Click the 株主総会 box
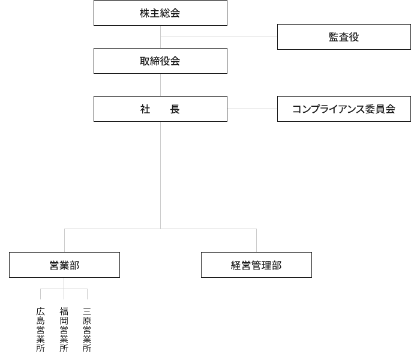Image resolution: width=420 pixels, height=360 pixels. tap(160, 13)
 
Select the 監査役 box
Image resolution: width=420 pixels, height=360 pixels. tap(344, 37)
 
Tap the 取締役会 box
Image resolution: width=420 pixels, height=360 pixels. tap(160, 61)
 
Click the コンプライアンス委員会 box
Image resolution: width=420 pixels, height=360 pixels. tap(344, 109)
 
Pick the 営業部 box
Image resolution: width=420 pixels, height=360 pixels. tap(64, 265)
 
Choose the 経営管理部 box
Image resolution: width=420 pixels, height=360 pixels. tap(256, 265)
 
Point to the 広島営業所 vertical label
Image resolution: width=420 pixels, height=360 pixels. tap(41, 329)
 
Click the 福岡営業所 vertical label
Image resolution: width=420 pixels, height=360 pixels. tap(64, 329)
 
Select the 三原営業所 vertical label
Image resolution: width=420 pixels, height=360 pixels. tap(87, 329)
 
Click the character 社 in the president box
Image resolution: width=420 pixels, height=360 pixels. tap(145, 109)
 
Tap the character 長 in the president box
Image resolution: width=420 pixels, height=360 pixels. tap(175, 109)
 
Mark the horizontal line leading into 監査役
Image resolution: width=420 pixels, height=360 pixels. tap(219, 37)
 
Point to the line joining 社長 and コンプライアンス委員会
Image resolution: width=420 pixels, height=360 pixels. tap(252, 109)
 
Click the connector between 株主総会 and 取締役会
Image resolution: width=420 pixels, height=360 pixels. tap(160, 37)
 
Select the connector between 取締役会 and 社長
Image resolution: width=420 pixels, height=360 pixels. tap(160, 85)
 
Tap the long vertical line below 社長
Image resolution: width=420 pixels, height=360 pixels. tap(160, 174)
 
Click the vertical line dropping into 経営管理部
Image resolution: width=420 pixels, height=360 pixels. tap(256, 240)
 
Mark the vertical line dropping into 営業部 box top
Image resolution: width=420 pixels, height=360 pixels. tap(64, 240)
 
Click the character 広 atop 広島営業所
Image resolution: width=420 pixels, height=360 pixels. tap(41, 311)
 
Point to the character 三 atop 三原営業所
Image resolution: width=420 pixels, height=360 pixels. tap(87, 311)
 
